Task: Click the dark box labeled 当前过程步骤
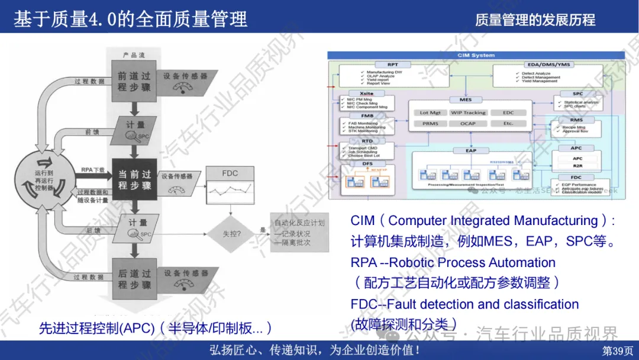[134, 180]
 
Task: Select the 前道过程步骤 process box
[134, 82]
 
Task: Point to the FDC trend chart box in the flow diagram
[230, 189]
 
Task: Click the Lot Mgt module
[431, 112]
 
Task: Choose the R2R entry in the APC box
[577, 166]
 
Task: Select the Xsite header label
[366, 94]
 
